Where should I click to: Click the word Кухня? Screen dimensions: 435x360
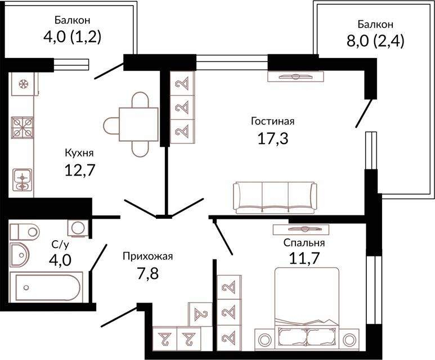(79, 154)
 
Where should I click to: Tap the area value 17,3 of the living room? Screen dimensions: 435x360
(273, 138)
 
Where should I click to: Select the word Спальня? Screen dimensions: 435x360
(304, 243)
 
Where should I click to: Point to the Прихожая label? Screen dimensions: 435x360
(147, 256)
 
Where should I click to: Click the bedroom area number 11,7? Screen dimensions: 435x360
(304, 259)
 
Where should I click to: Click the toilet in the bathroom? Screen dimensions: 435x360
(24, 232)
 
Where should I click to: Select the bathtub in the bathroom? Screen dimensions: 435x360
(46, 287)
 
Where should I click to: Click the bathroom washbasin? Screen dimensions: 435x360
(20, 255)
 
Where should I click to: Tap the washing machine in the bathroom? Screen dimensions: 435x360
(78, 228)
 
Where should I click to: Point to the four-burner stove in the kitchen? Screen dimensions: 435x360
(22, 128)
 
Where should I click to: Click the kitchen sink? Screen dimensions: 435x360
(22, 180)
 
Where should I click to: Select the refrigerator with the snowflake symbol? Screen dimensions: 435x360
(23, 84)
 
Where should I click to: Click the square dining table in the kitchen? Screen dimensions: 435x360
(138, 124)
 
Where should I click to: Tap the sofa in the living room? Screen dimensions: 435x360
(275, 198)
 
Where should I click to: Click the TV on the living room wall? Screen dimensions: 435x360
(296, 76)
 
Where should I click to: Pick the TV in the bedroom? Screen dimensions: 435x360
(301, 229)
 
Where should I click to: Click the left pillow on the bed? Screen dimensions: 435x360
(292, 336)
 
